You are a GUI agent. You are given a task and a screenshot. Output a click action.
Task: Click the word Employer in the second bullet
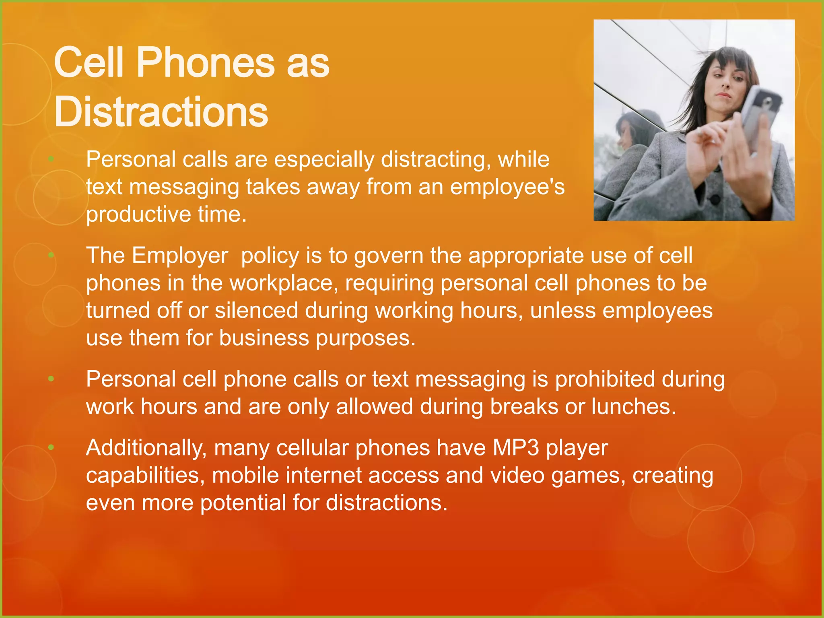point(180,255)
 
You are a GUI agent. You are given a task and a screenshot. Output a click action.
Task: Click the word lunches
point(634,406)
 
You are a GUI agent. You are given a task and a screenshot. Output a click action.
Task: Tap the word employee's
point(507,187)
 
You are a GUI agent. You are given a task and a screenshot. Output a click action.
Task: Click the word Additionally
point(146,447)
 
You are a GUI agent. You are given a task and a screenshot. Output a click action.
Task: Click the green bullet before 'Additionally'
point(51,447)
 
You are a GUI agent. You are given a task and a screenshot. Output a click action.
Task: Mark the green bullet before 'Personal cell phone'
point(51,379)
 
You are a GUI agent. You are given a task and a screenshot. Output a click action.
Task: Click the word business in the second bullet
point(264,338)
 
